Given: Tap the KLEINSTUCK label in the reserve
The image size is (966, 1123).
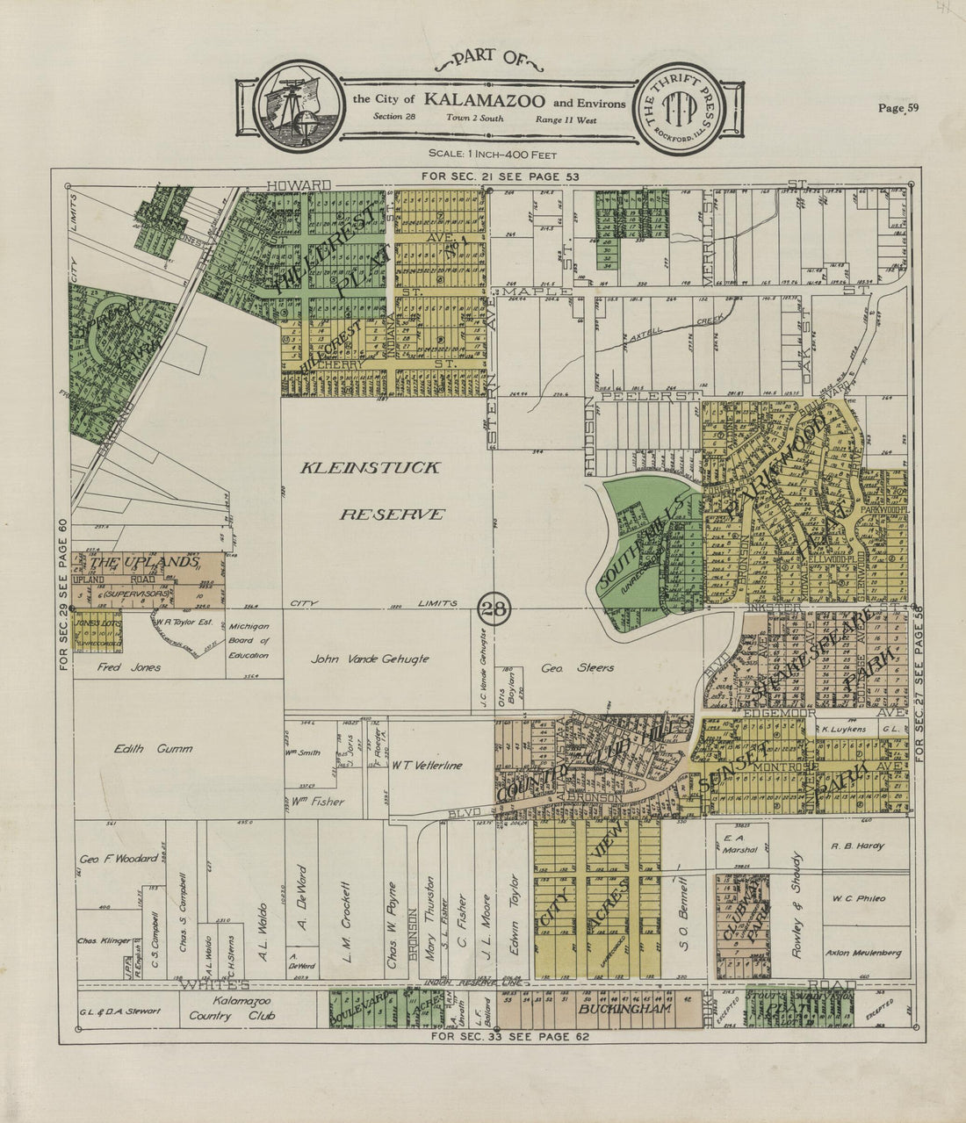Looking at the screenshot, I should point(370,468).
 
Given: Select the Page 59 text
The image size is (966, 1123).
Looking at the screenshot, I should point(898,108).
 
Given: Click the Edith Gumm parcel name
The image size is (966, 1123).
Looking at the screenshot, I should point(153,749).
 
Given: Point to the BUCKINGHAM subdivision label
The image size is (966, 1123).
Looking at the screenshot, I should point(624,1010).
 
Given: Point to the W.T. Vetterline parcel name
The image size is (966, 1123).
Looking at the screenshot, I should point(428,766).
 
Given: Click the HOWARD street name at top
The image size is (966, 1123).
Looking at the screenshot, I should point(299,185).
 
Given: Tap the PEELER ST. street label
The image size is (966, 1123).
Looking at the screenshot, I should point(649,396).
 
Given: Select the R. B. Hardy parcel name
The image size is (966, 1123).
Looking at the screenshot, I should point(857,846).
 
